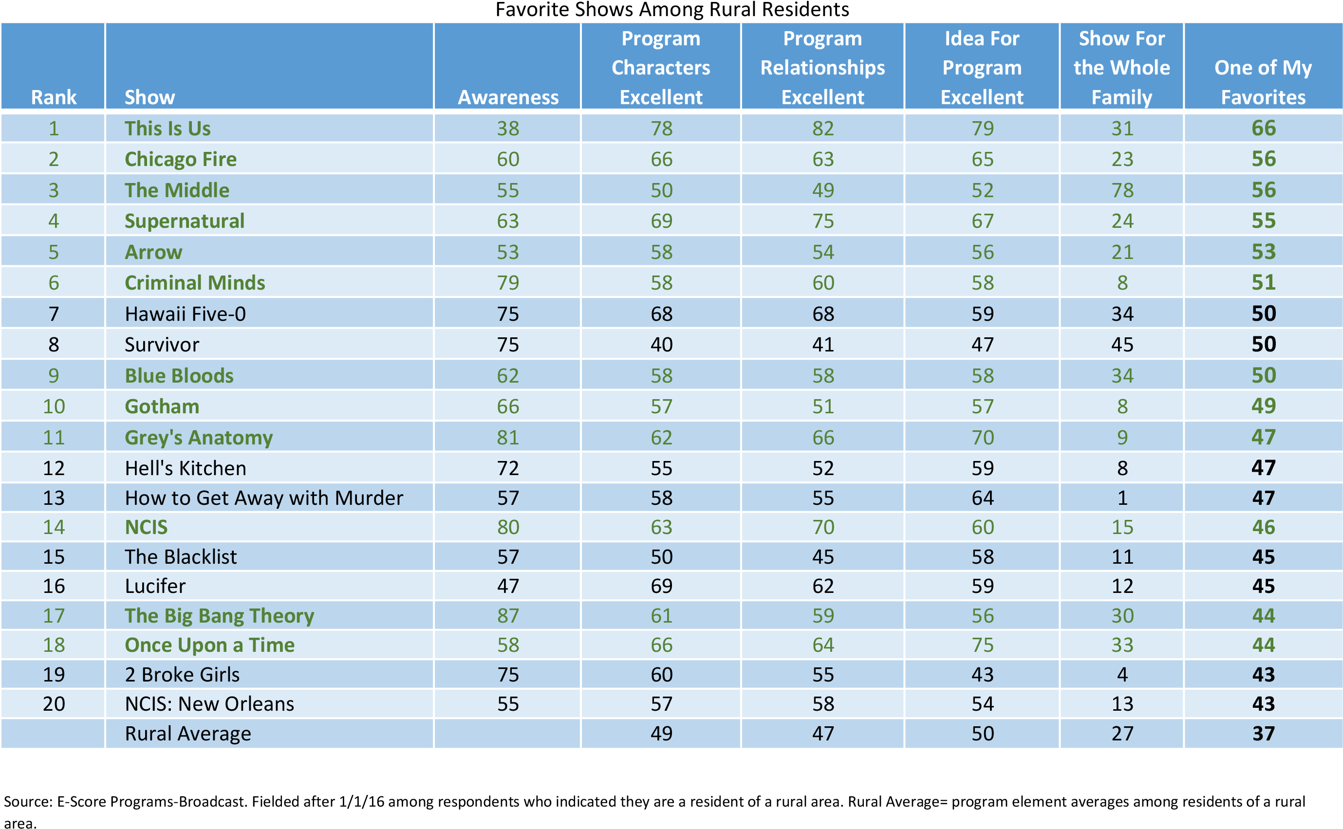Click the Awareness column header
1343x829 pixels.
pos(508,97)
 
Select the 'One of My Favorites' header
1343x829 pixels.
pos(1263,82)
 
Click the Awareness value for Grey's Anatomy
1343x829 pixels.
pos(508,438)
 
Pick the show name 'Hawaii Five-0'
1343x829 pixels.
pos(186,313)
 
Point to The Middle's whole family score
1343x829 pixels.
pos(1122,190)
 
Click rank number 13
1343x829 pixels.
pos(54,498)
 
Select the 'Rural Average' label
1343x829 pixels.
pos(187,734)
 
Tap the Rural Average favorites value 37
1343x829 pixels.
pos(1264,734)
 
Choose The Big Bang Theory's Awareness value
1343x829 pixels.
pos(508,616)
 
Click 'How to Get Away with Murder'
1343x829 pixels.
pos(264,498)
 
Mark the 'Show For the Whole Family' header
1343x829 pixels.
pos(1121,68)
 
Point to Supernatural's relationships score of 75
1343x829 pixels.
pos(822,221)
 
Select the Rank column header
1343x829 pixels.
pos(54,97)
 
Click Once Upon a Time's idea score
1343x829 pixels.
pos(982,645)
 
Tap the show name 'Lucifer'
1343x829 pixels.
pos(155,586)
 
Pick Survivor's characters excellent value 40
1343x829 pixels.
pos(661,344)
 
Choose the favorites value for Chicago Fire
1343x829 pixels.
pos(1264,159)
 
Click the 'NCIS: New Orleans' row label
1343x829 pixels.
pos(209,704)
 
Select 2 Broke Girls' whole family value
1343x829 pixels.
pos(1122,674)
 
